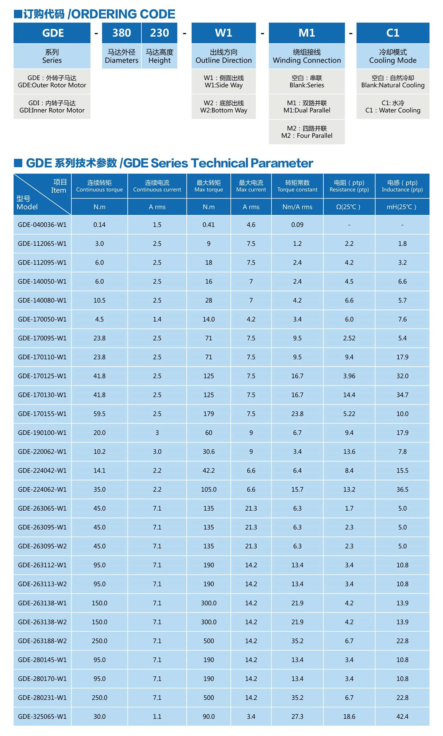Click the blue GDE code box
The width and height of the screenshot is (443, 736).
pyautogui.click(x=52, y=33)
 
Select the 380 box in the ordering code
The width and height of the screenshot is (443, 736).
pyautogui.click(x=122, y=33)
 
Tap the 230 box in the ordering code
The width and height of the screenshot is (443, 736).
pyautogui.click(x=159, y=33)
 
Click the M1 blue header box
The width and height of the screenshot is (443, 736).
pyautogui.click(x=307, y=33)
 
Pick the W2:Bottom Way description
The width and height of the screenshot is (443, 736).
pyautogui.click(x=224, y=107)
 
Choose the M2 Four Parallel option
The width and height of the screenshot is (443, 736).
pyautogui.click(x=307, y=132)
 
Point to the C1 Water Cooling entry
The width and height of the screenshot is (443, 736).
pyautogui.click(x=393, y=107)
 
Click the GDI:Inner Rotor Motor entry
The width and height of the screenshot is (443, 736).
pyautogui.click(x=52, y=107)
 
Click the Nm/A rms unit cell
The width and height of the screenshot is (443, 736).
pyautogui.click(x=297, y=207)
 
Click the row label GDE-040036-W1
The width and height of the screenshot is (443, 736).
pyautogui.click(x=42, y=225)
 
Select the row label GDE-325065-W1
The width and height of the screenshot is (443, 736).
pyautogui.click(x=42, y=716)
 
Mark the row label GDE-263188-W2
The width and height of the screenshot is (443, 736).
pyautogui.click(x=42, y=641)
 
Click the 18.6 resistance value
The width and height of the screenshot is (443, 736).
pyautogui.click(x=349, y=716)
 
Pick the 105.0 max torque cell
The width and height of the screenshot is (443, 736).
pyautogui.click(x=208, y=490)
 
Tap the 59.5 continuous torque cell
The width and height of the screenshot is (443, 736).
pyautogui.click(x=99, y=414)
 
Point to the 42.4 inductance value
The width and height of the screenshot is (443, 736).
pyautogui.click(x=402, y=716)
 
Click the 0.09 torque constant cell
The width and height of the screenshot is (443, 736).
pyautogui.click(x=297, y=225)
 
